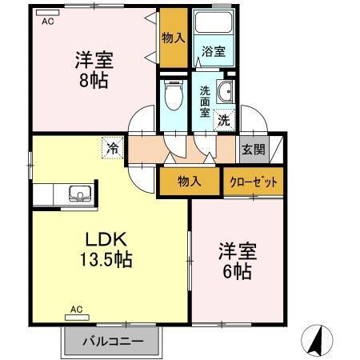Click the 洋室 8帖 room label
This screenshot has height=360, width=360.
pos(94,70)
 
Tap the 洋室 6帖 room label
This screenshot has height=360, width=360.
pos(236,261)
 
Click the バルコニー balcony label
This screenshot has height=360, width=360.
pos(114,341)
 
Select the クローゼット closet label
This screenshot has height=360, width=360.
pos(254,182)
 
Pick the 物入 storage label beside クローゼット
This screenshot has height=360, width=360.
pos(190,182)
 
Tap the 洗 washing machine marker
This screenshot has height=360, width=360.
pos(225,121)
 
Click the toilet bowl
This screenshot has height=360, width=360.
pos(171,100)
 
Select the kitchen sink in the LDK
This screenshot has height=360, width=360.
pos(80,193)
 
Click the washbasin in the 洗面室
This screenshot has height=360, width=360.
pos(226,90)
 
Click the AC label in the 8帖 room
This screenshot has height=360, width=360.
pos(47,23)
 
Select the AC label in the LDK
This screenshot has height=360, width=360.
pos(76,309)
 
